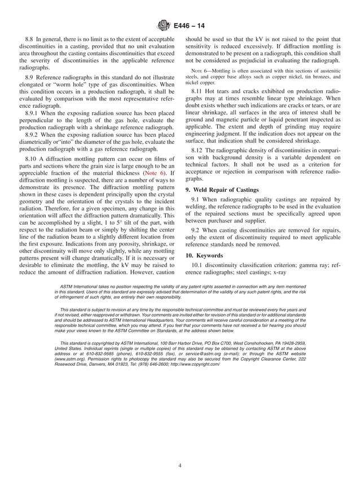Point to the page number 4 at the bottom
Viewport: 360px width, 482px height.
(180, 449)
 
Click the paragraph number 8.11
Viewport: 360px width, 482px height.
(199, 90)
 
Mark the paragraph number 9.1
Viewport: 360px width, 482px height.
(196, 200)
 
